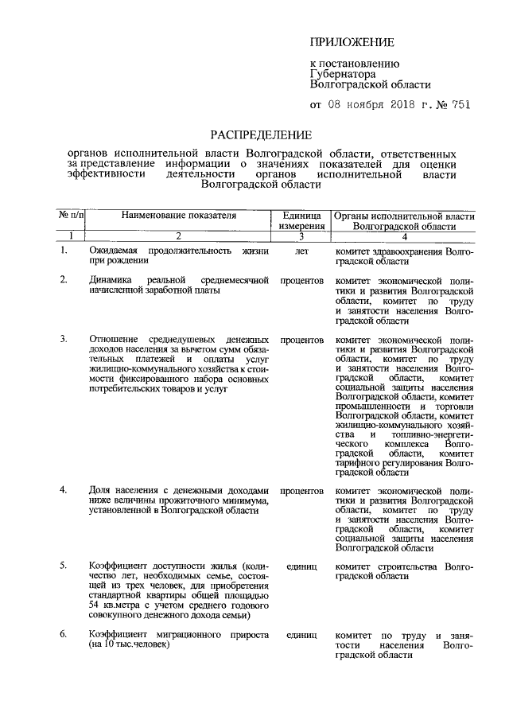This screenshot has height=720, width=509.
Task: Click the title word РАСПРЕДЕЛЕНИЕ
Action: tap(261, 134)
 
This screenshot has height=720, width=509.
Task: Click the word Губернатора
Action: tap(342, 72)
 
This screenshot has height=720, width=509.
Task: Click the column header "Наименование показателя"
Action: tap(179, 216)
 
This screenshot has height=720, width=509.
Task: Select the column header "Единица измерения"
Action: tap(301, 221)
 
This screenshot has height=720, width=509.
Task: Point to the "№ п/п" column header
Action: tap(72, 216)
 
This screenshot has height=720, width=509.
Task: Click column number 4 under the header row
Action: tap(404, 236)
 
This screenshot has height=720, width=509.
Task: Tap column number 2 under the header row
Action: tap(179, 236)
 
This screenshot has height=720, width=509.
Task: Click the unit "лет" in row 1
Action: tap(301, 251)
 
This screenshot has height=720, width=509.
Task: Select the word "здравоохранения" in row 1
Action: tap(406, 251)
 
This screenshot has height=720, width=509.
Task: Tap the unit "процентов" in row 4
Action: tap(301, 491)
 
